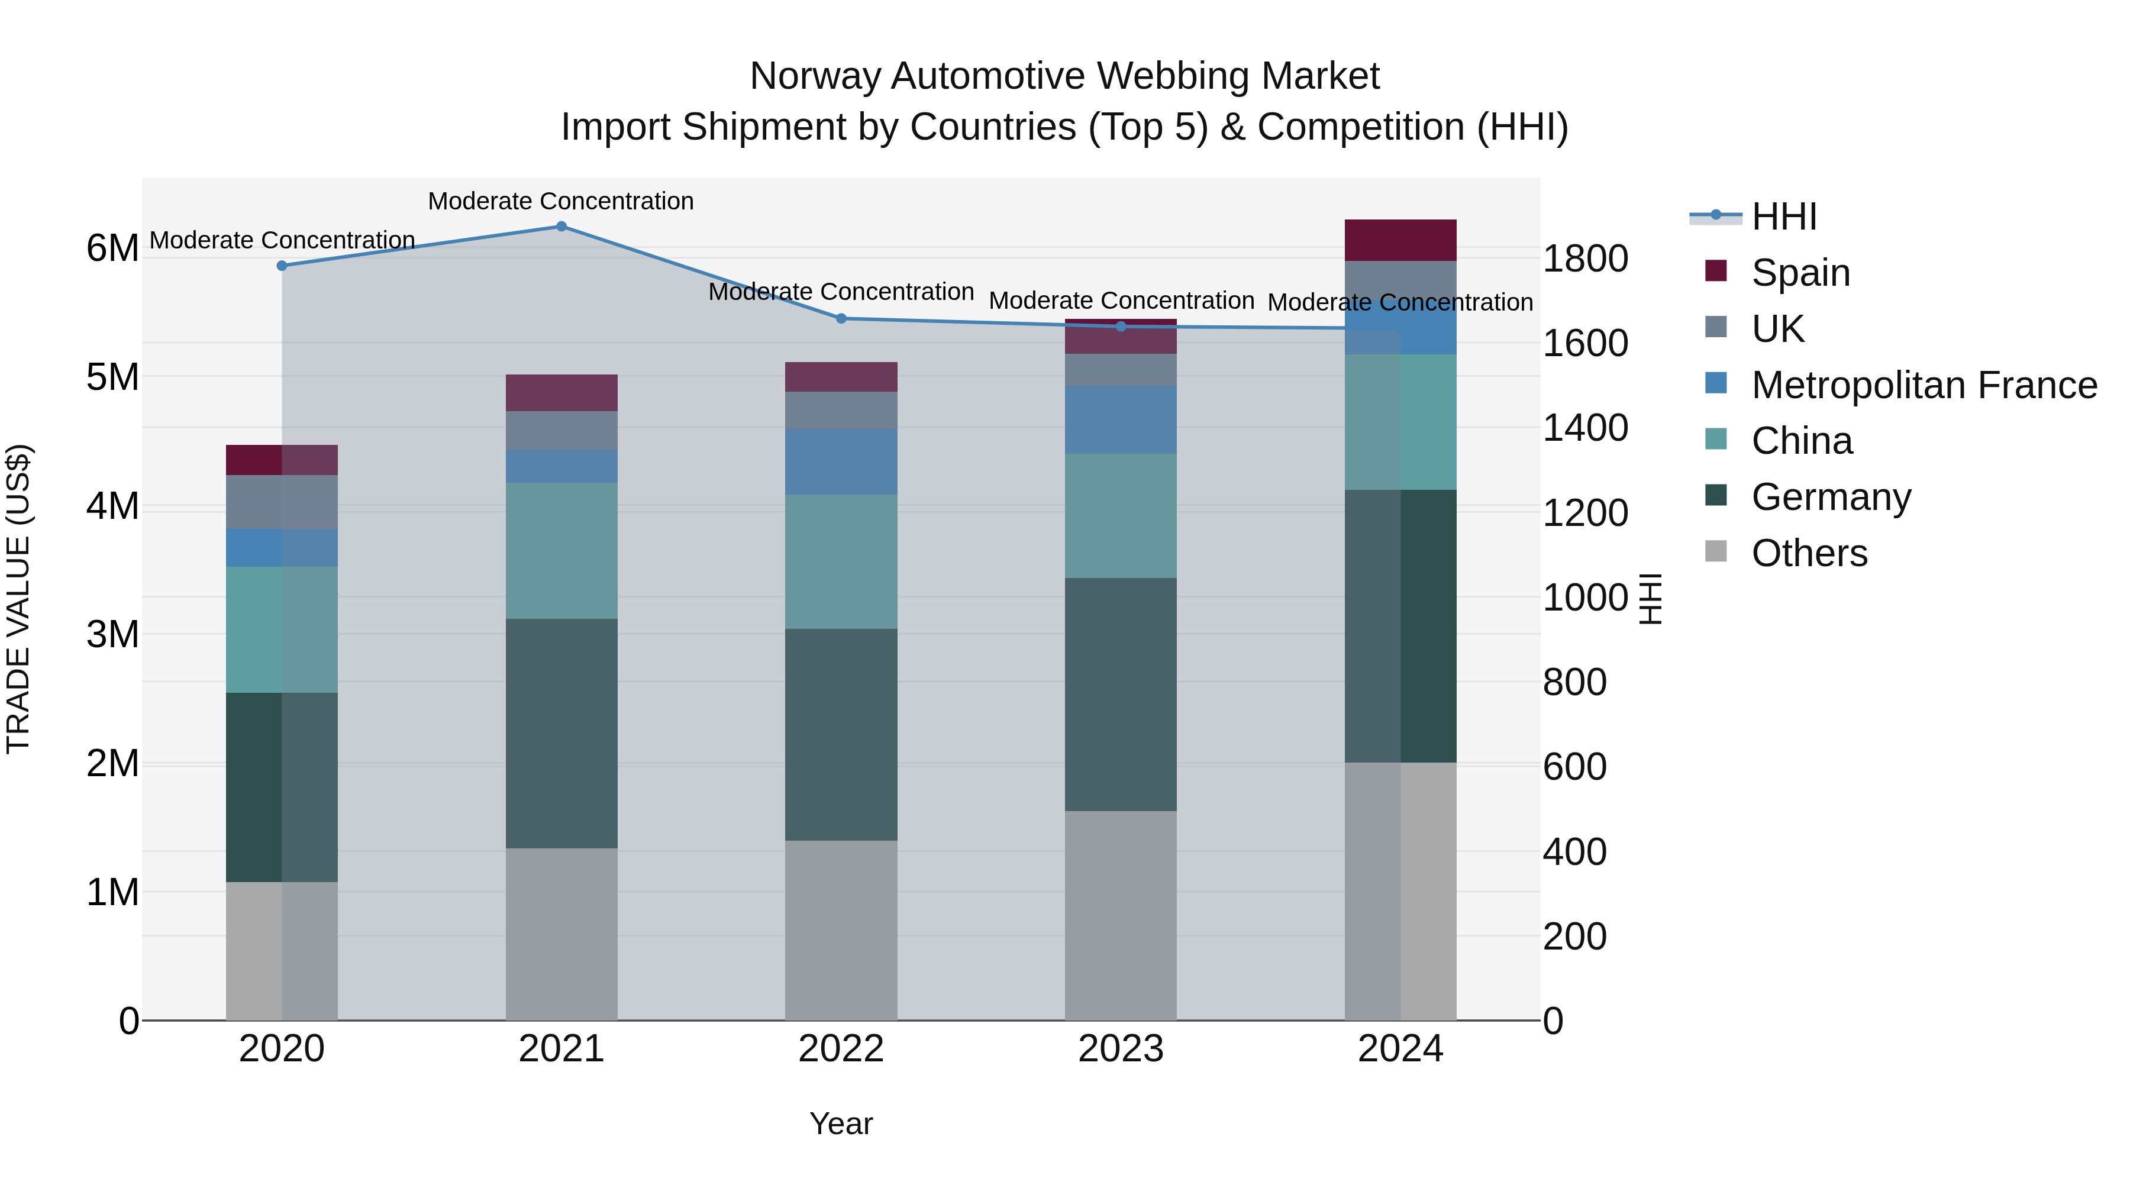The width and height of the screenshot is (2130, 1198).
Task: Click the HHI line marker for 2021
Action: point(561,227)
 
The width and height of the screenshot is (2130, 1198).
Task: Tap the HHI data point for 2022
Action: point(841,318)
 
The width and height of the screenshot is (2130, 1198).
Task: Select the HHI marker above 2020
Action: point(282,266)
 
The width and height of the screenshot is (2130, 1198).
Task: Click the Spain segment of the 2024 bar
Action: point(1400,241)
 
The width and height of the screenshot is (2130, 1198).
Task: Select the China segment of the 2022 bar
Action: point(841,561)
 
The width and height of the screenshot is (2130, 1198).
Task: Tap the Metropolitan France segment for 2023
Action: point(1121,420)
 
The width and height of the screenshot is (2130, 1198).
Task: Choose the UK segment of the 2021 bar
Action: point(561,430)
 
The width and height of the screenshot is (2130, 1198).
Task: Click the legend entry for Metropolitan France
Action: point(1924,385)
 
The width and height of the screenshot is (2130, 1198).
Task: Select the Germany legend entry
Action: point(1831,497)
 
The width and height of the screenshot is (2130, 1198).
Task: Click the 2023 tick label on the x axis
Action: point(1121,1049)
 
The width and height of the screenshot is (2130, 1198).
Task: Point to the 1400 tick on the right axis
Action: point(1585,428)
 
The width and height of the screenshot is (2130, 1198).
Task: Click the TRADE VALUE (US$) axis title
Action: point(18,599)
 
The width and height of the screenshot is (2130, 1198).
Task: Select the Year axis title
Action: point(841,1123)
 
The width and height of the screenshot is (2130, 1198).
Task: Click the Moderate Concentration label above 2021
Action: point(561,201)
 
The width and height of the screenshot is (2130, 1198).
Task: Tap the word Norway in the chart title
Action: point(815,76)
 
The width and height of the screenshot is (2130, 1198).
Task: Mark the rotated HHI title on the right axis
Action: point(1650,599)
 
